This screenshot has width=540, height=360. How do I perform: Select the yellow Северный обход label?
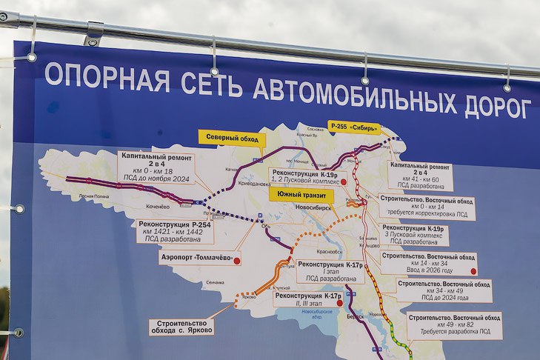tap(231, 137)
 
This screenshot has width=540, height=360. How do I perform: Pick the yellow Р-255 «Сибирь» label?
tap(353, 127)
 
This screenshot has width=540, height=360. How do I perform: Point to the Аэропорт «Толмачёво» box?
tap(199, 258)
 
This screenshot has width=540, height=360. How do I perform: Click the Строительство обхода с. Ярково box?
tap(181, 327)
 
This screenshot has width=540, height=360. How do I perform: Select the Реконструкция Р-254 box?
tap(174, 231)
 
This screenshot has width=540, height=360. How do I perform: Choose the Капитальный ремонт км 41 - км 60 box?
tap(419, 176)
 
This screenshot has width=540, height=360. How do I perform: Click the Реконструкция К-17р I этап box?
tap(330, 271)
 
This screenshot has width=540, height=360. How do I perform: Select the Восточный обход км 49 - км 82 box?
tap(454, 324)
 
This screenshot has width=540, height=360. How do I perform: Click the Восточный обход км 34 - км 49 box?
tap(444, 290)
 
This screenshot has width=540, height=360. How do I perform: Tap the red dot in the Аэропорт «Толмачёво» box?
tap(236, 260)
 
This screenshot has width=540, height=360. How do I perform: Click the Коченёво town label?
tap(158, 206)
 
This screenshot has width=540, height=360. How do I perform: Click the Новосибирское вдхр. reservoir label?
tap(319, 315)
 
